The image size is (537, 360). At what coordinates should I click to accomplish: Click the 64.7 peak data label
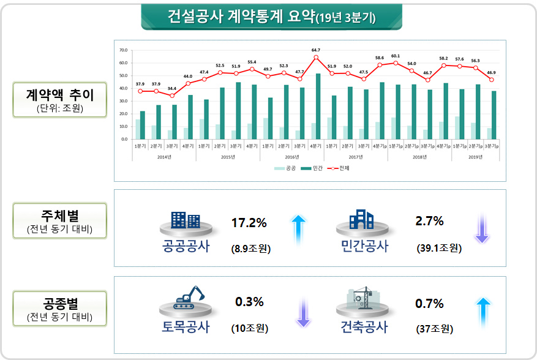[316, 50]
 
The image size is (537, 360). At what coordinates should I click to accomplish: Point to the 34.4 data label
[172, 89]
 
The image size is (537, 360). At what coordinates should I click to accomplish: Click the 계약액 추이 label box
[59, 100]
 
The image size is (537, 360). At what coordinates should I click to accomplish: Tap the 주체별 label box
[59, 221]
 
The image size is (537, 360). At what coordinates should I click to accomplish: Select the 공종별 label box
[59, 309]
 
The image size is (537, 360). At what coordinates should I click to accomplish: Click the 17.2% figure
[249, 223]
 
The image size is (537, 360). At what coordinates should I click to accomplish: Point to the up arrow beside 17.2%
[298, 228]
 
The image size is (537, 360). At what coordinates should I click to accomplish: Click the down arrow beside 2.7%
[482, 228]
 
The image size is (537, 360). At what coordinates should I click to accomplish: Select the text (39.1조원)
[438, 248]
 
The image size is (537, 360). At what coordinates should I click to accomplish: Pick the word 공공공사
[186, 246]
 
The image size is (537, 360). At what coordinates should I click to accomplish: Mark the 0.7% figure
[429, 304]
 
